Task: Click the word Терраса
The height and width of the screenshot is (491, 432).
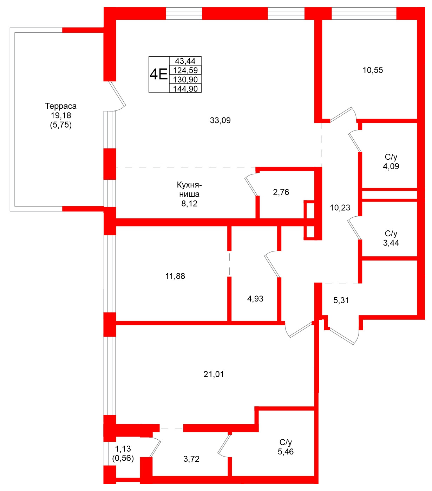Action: coord(60,106)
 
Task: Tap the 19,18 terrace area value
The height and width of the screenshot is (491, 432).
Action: coord(60,115)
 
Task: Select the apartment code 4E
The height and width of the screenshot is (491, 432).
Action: coord(158,75)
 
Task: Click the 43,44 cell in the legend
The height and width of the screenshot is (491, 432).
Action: coord(185,61)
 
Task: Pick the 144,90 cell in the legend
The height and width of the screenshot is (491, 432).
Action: coord(185,89)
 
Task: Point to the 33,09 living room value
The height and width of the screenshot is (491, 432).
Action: coord(220,120)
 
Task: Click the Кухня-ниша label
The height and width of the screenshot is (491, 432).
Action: coord(189,189)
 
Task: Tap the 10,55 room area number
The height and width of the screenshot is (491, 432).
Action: coord(373,70)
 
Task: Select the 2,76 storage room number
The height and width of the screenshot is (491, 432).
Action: coord(281,192)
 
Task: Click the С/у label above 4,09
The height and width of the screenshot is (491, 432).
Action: coord(391,157)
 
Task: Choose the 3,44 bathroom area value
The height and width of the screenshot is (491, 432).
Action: coord(391,243)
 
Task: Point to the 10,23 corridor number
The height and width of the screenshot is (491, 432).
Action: coord(340,208)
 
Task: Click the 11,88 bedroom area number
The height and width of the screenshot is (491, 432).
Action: coord(175,276)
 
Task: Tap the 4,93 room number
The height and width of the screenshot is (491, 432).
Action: coord(255,299)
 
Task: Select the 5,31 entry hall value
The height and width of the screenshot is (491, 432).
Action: coord(341,300)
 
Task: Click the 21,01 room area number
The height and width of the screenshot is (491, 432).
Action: coord(214,374)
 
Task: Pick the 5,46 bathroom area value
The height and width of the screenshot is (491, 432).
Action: coord(286,452)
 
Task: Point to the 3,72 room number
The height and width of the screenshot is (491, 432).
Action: coord(191,459)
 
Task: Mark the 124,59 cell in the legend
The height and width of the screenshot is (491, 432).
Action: coord(185,70)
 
